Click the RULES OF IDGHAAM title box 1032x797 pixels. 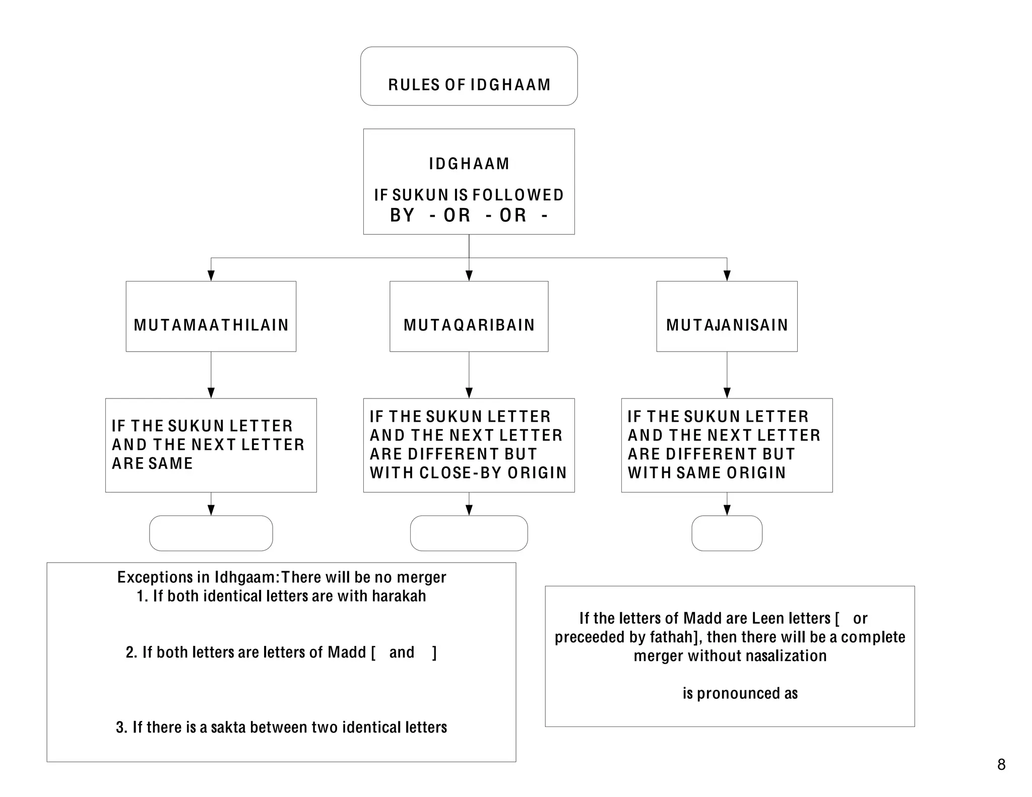coord(469,77)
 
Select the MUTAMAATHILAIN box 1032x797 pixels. coord(211,316)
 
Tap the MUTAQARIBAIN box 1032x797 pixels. coord(469,316)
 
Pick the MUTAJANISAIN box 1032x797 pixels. coord(727,316)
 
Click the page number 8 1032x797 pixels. coord(1001,764)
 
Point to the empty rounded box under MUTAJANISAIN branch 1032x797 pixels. coord(727,533)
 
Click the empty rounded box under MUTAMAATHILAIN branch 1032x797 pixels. coord(211,533)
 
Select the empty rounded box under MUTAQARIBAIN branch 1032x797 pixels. coord(469,533)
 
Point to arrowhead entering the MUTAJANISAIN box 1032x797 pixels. coord(727,276)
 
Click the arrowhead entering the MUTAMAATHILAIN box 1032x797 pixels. coord(211,276)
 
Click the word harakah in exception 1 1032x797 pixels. coord(399,596)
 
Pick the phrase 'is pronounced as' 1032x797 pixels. coord(740,694)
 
